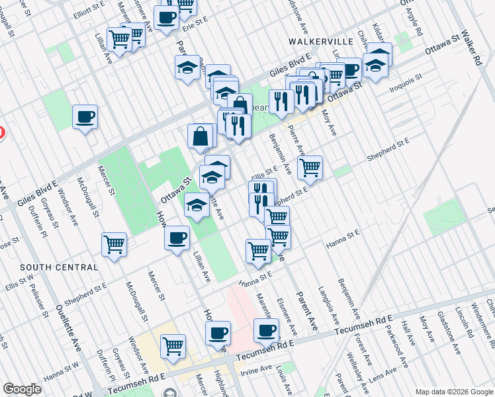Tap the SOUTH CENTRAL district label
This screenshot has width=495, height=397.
[59, 267]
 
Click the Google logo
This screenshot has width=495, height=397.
[22, 389]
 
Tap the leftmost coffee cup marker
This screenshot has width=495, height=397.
[85, 118]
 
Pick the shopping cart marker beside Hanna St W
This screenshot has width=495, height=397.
[173, 345]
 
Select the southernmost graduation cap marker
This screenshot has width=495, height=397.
[197, 205]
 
